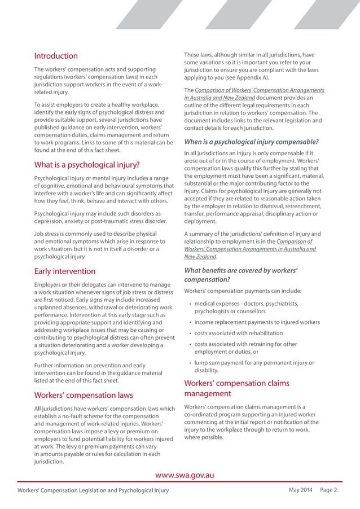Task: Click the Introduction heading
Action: (x=56, y=56)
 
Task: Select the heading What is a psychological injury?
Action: (x=87, y=165)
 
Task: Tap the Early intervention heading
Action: (x=65, y=271)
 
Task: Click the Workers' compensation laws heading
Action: (x=84, y=394)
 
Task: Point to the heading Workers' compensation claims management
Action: (x=236, y=388)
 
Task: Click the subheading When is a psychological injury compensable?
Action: (x=251, y=142)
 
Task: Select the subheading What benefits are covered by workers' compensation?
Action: (x=241, y=275)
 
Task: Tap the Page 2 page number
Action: (x=328, y=490)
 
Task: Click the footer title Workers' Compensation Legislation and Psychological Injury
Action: (x=93, y=490)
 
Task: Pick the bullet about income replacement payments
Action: (x=257, y=322)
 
